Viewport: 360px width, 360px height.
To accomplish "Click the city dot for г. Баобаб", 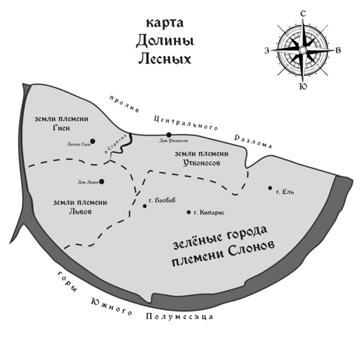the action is (x=144, y=206).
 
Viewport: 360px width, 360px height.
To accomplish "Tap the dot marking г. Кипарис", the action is (x=188, y=213).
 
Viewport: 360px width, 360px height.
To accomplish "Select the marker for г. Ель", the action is (x=270, y=188).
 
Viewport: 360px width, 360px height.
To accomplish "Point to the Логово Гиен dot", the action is (x=93, y=141).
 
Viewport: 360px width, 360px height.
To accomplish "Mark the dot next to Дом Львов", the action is (x=102, y=182).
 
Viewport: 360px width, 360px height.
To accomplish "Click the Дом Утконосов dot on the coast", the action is (x=169, y=135).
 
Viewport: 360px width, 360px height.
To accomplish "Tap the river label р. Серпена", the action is (x=116, y=144).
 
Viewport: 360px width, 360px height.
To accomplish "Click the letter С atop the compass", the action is (x=303, y=14).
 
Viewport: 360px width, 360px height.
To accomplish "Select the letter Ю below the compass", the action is (x=303, y=86).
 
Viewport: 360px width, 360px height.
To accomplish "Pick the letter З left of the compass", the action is (x=267, y=51).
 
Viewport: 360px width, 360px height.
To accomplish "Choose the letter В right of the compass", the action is (x=338, y=51).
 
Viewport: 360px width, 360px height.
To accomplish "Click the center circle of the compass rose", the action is (x=303, y=50).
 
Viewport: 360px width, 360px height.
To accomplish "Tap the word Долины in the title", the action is (x=165, y=41).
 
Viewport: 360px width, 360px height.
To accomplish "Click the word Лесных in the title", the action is (x=165, y=59).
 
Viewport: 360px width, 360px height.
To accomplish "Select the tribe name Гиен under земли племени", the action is (x=62, y=128).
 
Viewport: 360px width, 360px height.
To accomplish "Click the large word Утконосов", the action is (x=202, y=163).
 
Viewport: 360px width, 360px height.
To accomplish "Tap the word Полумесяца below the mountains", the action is (x=180, y=317).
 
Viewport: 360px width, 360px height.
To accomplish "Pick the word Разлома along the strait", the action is (x=253, y=141).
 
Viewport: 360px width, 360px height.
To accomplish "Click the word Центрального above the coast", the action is (x=186, y=122).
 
